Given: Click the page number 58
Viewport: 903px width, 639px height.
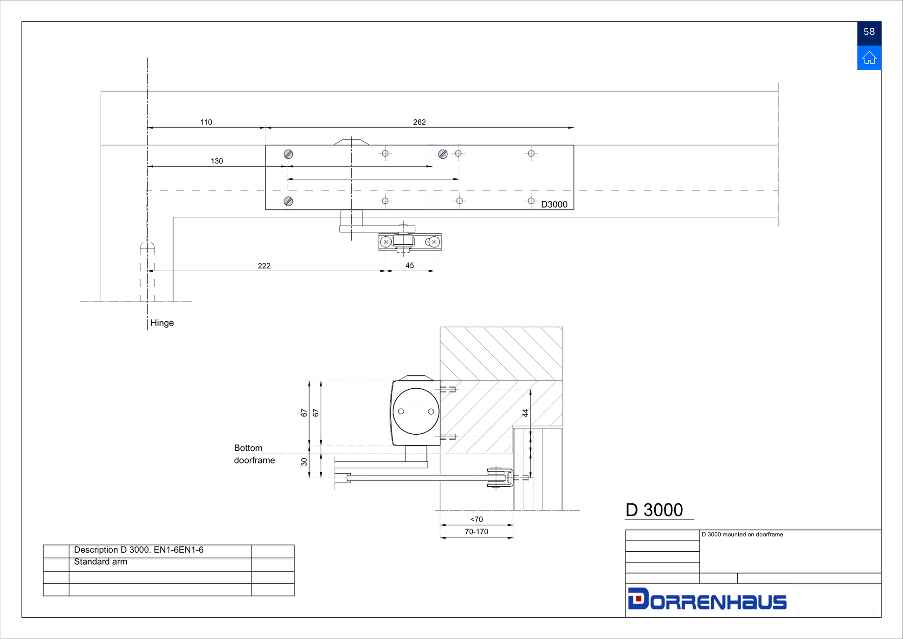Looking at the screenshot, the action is [869, 32].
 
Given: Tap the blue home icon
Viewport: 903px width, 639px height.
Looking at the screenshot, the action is [869, 58].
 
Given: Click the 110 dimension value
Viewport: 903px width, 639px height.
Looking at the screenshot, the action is [206, 122].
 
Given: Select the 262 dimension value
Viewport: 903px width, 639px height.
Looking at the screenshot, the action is [419, 122].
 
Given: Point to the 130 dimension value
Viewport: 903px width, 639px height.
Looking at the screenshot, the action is [217, 161].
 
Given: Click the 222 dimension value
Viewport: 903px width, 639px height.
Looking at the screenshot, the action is [264, 266].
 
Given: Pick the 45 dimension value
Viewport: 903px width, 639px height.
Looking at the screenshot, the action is [410, 266].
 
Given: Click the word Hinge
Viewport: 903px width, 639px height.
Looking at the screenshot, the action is [162, 323].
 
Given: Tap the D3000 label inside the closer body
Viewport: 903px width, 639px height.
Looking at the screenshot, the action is [554, 204].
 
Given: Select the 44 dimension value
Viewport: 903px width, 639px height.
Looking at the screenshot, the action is [525, 413].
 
